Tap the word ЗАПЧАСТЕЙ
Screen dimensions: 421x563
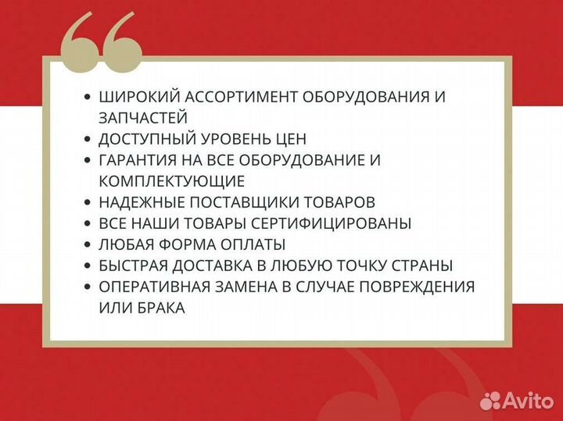pyautogui.click(x=143, y=118)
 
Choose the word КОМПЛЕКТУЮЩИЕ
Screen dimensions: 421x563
pyautogui.click(x=172, y=181)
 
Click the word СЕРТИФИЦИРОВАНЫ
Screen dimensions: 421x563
pyautogui.click(x=337, y=223)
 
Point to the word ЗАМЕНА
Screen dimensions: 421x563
pyautogui.click(x=235, y=287)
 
